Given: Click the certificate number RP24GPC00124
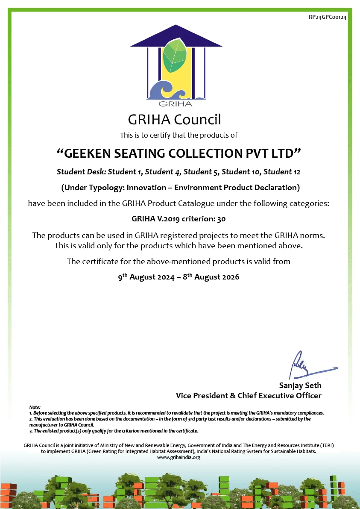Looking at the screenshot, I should tap(328, 17).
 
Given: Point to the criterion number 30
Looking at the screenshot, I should tap(221, 219).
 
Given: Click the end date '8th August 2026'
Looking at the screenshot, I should tap(211, 277).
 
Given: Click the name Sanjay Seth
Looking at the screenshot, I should tap(300, 385).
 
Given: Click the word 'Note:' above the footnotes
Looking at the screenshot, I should tap(35, 407).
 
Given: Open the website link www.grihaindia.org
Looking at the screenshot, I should tap(179, 457).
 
